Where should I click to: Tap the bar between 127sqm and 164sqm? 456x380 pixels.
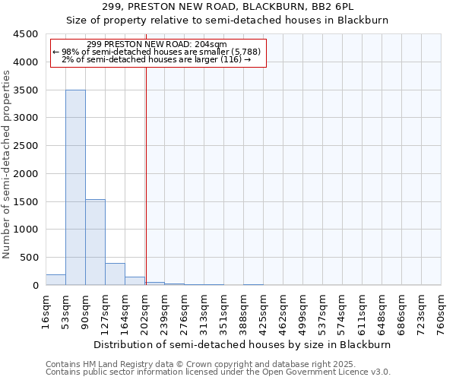pos(115,274)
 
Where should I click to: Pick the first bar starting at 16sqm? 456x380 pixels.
pos(55,280)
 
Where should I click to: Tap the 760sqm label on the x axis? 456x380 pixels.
pos(442,312)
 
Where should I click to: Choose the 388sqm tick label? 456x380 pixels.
pos(244,312)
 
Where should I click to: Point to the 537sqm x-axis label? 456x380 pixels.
pos(323,312)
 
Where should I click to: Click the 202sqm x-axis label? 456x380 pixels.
pos(145,312)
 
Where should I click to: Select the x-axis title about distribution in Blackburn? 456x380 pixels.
pos(243,344)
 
